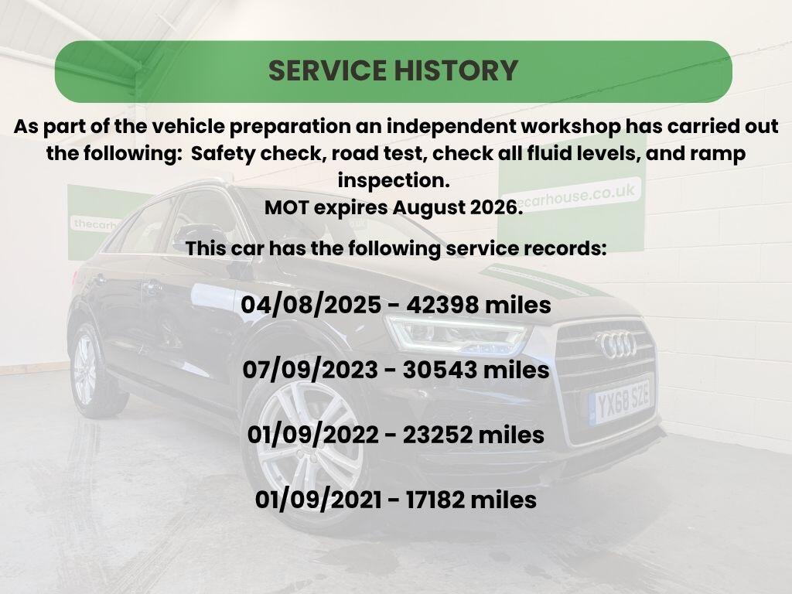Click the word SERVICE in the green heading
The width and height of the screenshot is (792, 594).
[327, 70]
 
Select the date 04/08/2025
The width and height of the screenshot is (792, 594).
[311, 305]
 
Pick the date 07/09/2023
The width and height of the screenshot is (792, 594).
[310, 370]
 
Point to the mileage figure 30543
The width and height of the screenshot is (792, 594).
[440, 370]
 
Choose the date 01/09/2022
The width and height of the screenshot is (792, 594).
[312, 435]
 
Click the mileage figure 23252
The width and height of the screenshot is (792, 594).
[438, 435]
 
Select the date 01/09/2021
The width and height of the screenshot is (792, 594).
[318, 500]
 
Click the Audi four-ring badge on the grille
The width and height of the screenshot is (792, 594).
[616, 345]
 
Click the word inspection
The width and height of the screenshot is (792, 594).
[394, 181]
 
